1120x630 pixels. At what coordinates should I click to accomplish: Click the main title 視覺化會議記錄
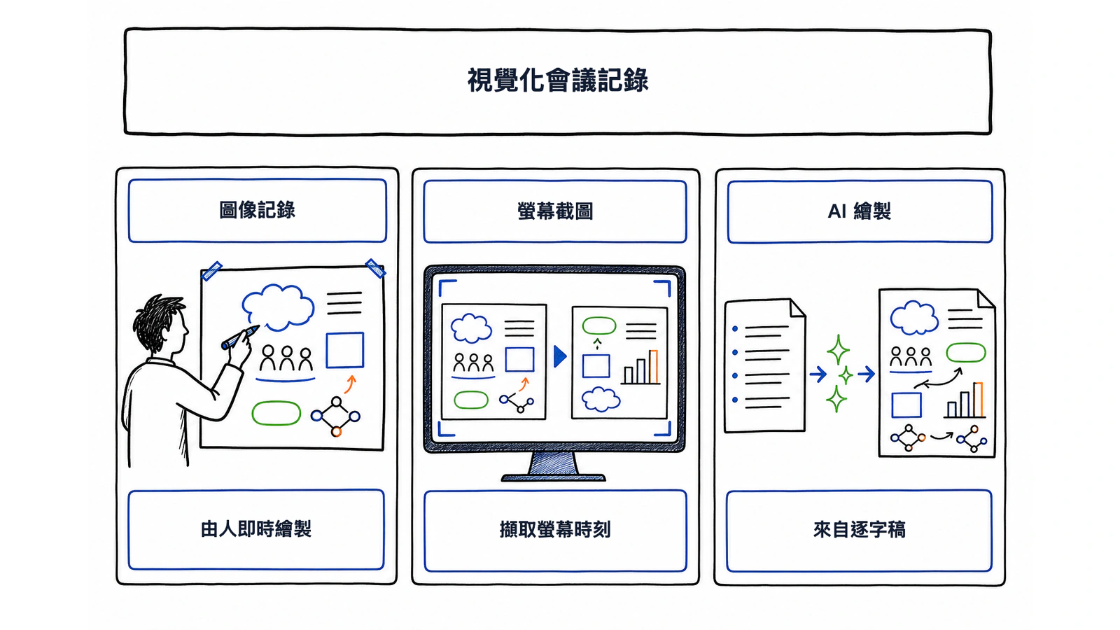[x=557, y=80]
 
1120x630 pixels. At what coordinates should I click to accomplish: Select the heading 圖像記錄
[x=257, y=210]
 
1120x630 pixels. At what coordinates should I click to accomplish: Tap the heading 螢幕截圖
[x=555, y=211]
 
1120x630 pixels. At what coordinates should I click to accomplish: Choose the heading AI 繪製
[x=859, y=211]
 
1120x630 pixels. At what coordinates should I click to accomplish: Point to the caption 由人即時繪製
[x=256, y=529]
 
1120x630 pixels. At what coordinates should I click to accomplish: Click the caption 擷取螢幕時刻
[x=555, y=529]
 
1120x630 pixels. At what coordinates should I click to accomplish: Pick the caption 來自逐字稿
[x=859, y=529]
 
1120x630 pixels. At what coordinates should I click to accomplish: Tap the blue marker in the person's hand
[x=240, y=337]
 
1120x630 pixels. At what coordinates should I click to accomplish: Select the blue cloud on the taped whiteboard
[x=278, y=307]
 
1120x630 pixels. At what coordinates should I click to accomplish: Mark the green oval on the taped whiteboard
[x=276, y=414]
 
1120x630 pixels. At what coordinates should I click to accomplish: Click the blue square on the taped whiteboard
[x=345, y=350]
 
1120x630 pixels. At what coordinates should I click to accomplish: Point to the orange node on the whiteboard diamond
[x=337, y=431]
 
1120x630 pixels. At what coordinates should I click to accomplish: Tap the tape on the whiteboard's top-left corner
[x=211, y=270]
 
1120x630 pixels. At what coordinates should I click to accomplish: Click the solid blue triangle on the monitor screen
[x=560, y=356]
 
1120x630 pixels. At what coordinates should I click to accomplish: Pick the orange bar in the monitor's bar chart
[x=654, y=367]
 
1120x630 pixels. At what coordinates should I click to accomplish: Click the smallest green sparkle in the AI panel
[x=846, y=375]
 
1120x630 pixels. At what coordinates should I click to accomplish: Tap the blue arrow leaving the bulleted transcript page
[x=818, y=374]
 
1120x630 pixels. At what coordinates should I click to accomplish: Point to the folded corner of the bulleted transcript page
[x=797, y=308]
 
